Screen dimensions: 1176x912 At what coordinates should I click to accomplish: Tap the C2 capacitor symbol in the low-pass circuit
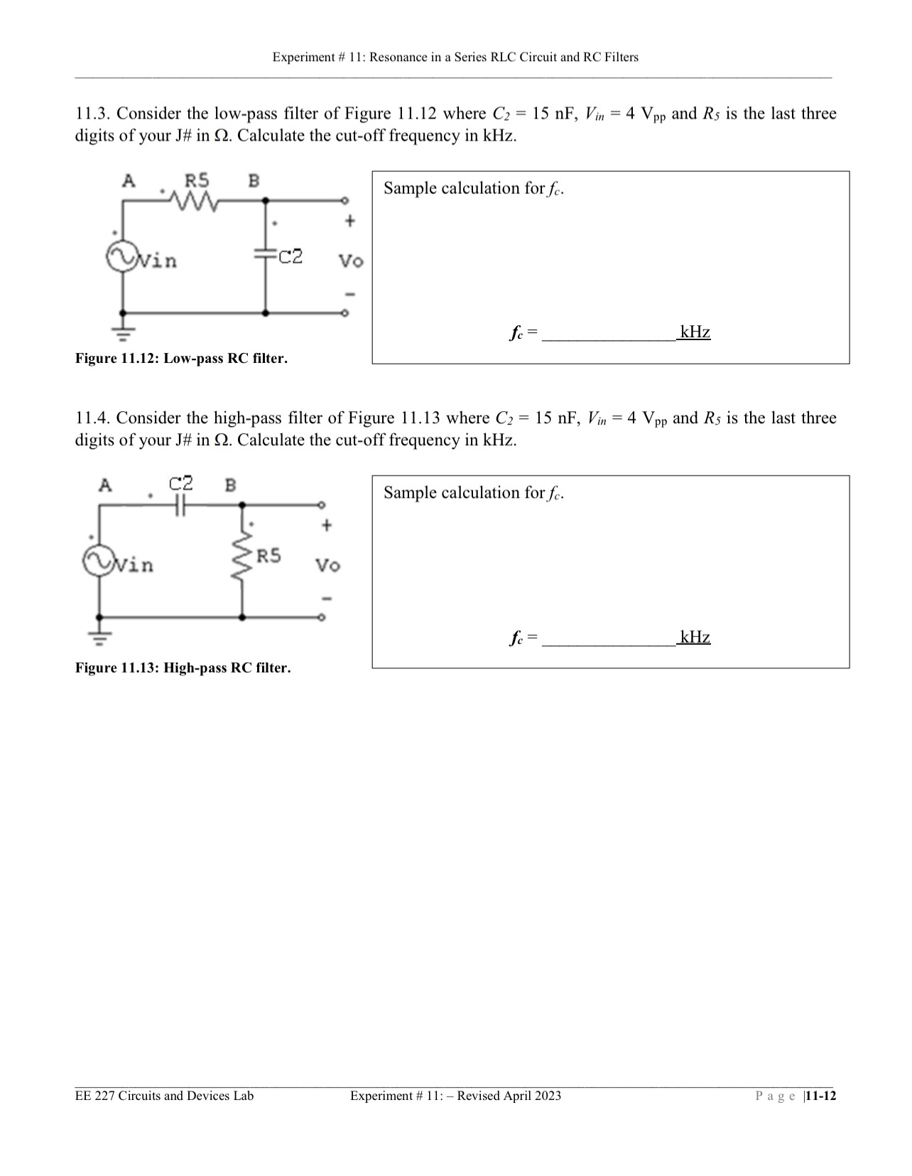coord(266,254)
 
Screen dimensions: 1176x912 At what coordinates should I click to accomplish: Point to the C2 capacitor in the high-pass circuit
coord(180,504)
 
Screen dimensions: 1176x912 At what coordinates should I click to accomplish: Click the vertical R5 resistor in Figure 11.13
coord(243,560)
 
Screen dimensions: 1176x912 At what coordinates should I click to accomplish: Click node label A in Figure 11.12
coord(129,180)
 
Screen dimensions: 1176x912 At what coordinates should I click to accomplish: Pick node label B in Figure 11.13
coord(230,486)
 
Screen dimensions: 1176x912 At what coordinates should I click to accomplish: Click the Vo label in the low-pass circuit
coord(350,261)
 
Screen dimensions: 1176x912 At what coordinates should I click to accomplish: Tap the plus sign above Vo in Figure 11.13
coord(326,526)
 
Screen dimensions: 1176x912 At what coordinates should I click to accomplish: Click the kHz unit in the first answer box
coord(695,332)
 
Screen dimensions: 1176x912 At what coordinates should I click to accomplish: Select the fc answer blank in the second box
coord(609,638)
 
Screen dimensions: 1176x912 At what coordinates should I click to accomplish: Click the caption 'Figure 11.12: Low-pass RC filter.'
coord(181,359)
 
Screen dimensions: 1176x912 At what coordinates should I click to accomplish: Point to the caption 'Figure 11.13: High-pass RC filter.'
coord(183,668)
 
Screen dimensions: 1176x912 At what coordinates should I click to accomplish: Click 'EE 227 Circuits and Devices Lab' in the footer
coord(164,1096)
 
